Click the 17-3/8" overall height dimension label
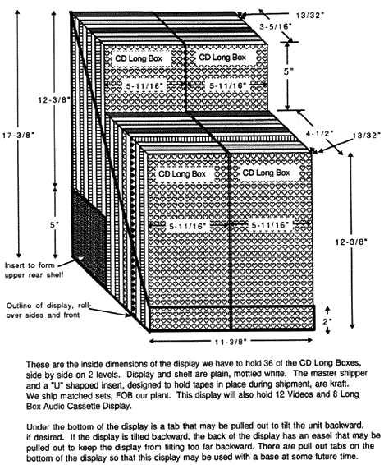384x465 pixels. tap(19, 136)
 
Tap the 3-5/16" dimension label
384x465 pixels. tap(276, 26)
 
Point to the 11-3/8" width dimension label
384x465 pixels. tap(231, 342)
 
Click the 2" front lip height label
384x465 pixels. tap(327, 321)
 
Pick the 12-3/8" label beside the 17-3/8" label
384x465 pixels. tap(54, 100)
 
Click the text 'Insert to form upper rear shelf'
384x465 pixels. tap(34, 269)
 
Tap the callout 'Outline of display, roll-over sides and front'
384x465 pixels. tap(48, 311)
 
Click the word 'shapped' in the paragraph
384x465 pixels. tap(71, 386)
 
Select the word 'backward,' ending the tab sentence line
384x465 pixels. tap(345, 426)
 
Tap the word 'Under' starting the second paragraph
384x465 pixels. tap(36, 427)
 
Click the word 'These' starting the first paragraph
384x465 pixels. tap(36, 364)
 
